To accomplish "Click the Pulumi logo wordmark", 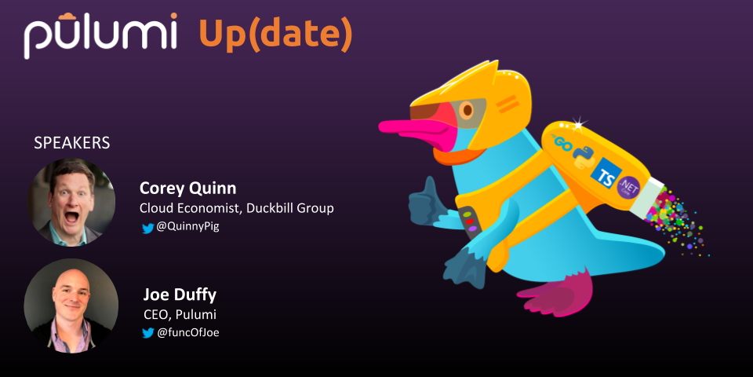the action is [x=101, y=35].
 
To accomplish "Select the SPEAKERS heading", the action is [x=72, y=143].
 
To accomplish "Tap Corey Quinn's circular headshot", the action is [x=71, y=203].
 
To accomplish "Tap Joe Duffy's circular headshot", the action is [x=71, y=306].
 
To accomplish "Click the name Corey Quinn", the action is [x=187, y=188].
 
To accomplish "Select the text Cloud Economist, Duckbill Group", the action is [x=236, y=209].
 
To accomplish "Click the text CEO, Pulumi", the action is [x=180, y=314].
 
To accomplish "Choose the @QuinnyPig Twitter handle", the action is [x=187, y=228].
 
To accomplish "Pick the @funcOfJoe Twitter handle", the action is [x=188, y=333].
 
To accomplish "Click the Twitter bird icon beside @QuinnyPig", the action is [x=148, y=229].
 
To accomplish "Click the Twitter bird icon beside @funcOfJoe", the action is [x=148, y=333].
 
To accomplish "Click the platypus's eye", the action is [x=466, y=110].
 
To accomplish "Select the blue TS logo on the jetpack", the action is [x=603, y=174].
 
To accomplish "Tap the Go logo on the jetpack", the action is [x=566, y=143].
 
